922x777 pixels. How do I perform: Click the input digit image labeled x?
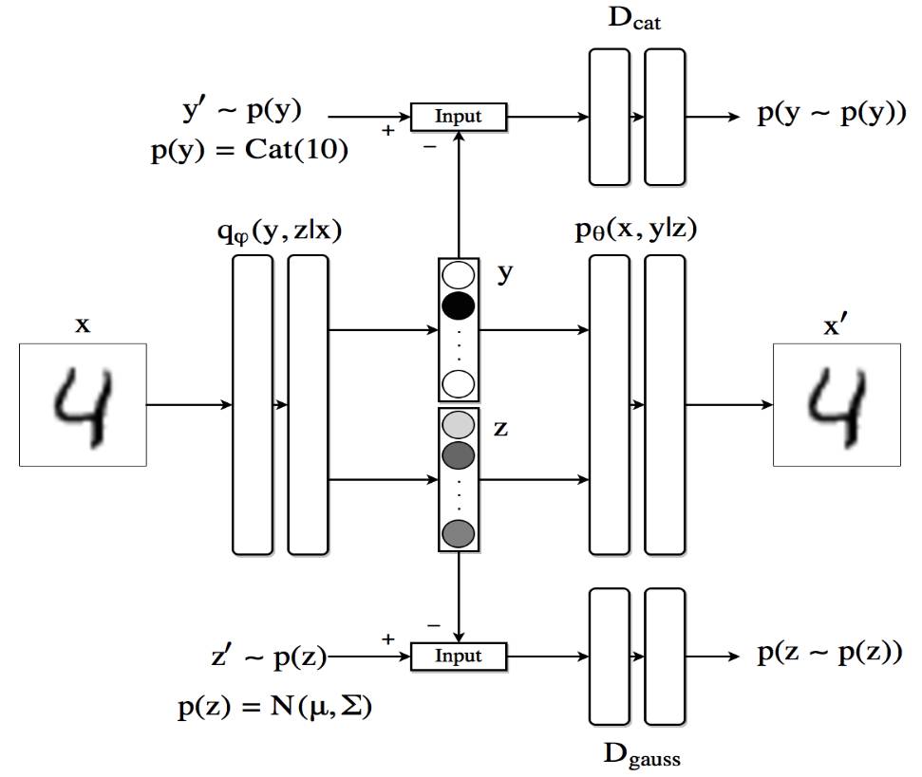tap(83, 404)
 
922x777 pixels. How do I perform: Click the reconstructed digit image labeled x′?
tap(837, 404)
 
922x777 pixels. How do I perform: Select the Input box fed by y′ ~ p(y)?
tap(459, 117)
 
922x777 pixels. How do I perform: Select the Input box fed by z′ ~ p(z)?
tap(459, 656)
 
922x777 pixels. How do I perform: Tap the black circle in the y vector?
tap(458, 305)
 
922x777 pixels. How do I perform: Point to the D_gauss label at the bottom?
tap(642, 755)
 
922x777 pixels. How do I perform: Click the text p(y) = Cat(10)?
tap(250, 150)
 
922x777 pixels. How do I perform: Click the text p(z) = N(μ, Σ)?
tap(274, 707)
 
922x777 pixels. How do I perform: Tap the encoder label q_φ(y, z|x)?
tap(278, 233)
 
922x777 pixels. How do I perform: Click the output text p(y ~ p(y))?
tap(830, 114)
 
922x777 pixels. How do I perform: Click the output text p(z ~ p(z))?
tap(829, 654)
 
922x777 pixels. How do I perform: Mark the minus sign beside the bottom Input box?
tap(433, 625)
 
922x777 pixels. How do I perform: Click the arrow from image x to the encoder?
tap(189, 405)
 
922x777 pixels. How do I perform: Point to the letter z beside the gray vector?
tap(500, 428)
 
